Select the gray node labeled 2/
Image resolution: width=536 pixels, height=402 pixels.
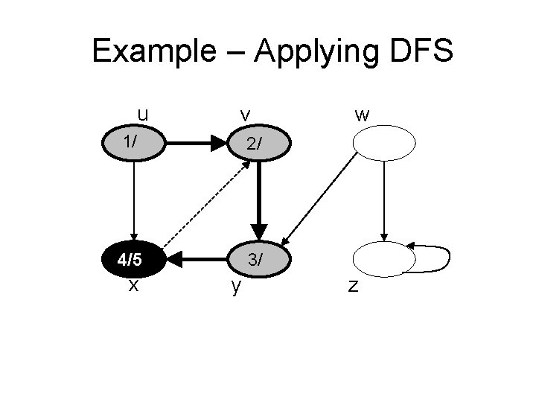coord(257,144)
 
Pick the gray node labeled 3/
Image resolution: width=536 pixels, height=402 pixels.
coord(257,260)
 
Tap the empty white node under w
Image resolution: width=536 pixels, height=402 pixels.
coord(384,143)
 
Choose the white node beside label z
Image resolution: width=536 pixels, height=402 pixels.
coord(383,260)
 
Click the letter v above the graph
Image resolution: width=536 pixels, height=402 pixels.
coord(244,115)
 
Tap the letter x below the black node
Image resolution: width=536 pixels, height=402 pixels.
coord(133,284)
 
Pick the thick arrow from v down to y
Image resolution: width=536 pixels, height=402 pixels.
coord(258,197)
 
